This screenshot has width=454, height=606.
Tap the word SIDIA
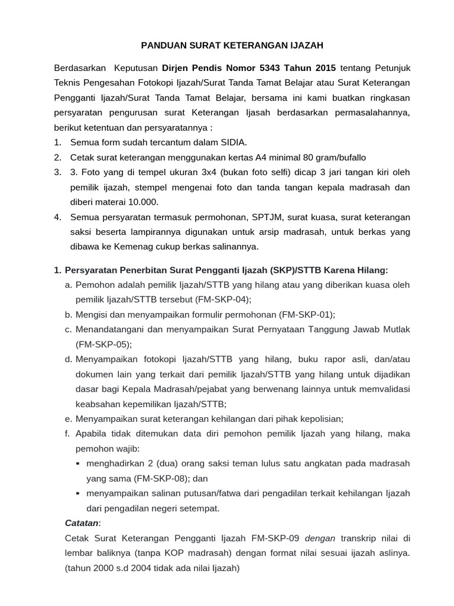click(234, 142)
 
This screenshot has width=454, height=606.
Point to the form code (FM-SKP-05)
click(104, 344)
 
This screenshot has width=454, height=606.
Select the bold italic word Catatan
click(82, 523)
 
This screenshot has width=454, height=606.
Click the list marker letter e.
click(68, 418)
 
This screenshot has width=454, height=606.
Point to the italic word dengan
click(320, 539)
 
